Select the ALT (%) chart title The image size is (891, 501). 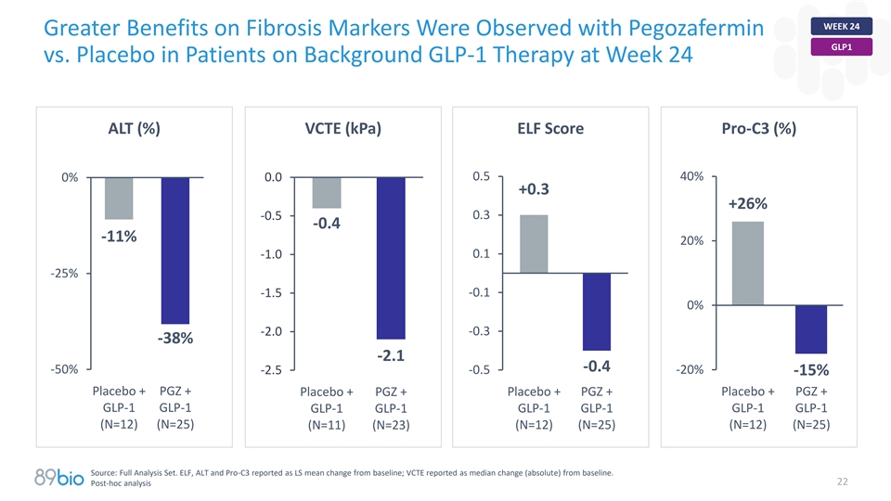tap(135, 129)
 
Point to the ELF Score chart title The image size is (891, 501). tap(550, 129)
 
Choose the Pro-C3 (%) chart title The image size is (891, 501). tap(758, 129)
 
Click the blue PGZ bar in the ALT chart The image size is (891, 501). tap(175, 250)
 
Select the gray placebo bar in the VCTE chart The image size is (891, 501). tap(327, 192)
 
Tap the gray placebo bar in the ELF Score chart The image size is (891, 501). tap(534, 243)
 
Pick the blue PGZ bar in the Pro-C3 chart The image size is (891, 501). tap(810, 328)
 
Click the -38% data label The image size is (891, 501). tap(174, 339)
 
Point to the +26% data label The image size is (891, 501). tap(747, 204)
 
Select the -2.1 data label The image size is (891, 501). tap(390, 355)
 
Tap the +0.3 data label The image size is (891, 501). tap(534, 189)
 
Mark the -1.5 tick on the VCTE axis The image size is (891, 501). tap(272, 293)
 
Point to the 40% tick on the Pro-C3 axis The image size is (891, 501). tap(691, 176)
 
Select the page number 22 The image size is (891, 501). tap(843, 481)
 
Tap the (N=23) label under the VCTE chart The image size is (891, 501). tap(390, 427)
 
